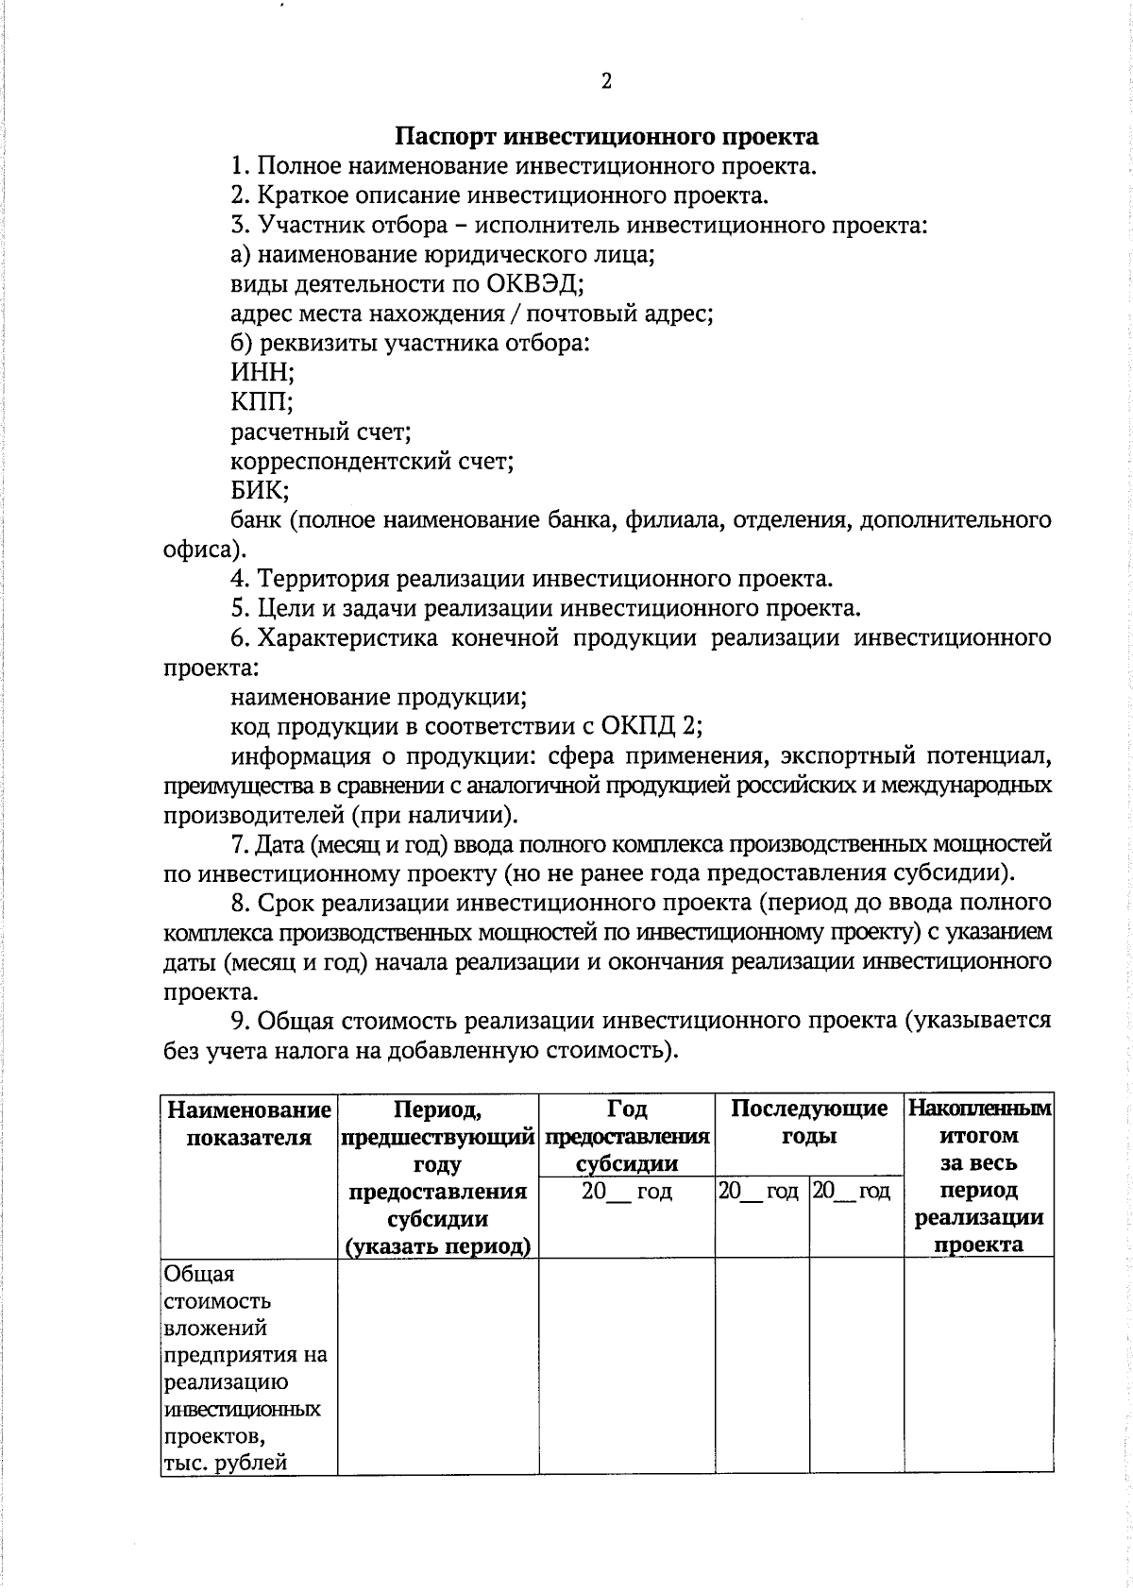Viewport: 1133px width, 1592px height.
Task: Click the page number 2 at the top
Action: (x=606, y=81)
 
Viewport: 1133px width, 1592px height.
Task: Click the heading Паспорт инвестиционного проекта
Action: (x=606, y=137)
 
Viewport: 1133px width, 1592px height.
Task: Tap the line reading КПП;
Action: (x=262, y=402)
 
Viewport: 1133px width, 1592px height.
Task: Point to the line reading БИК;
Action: (x=260, y=491)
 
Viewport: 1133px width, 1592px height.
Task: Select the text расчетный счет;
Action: (x=321, y=432)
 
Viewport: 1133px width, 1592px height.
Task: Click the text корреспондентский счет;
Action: (x=372, y=462)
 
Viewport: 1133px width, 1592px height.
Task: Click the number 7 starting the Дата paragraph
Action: (x=239, y=843)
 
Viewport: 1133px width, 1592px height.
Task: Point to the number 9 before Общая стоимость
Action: (x=239, y=1021)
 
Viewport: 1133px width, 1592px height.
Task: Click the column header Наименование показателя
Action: (x=249, y=1123)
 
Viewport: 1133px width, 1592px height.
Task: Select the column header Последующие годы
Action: (x=809, y=1123)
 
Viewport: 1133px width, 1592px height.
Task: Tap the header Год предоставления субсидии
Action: (x=627, y=1136)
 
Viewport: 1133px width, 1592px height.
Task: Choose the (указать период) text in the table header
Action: (x=438, y=1246)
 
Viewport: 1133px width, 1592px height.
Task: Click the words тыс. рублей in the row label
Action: (x=225, y=1464)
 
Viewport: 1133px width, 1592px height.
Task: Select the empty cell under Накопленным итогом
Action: (x=979, y=1366)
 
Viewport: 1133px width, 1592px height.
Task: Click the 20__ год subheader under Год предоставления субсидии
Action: (x=627, y=1192)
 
